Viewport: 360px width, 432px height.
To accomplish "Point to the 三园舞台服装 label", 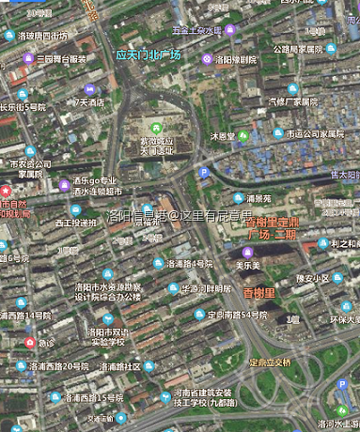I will click(62, 58).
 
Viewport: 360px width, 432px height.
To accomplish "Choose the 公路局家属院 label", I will click(299, 49).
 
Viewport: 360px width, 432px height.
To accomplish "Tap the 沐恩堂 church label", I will click(223, 136).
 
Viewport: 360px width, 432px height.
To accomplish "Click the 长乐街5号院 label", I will click(23, 107).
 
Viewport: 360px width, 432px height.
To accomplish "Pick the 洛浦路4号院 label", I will click(189, 264).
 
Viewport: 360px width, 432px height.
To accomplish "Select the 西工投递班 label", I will click(75, 223).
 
